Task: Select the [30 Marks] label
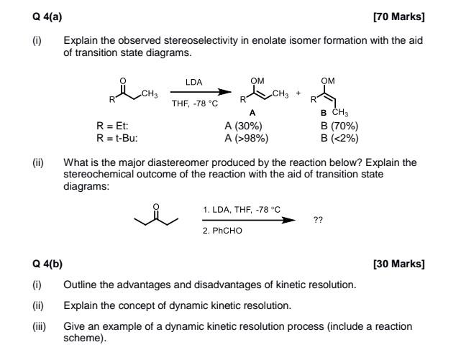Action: pos(400,264)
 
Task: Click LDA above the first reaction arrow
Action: pos(193,83)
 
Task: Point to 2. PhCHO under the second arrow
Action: pos(223,231)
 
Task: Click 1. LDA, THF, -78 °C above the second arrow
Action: pos(242,209)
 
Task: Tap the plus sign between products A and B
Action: pos(298,93)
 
